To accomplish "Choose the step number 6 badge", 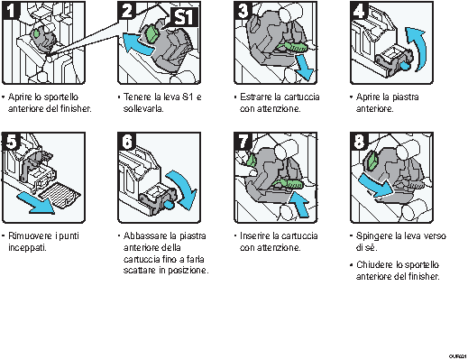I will [127, 143].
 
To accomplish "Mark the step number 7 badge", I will [243, 143].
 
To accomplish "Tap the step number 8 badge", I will [358, 143].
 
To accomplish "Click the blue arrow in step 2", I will [133, 41].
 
